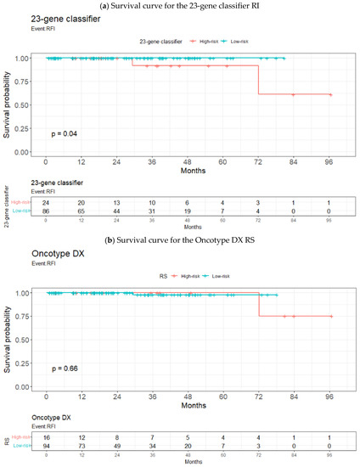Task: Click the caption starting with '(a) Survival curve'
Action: coord(179,5)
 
